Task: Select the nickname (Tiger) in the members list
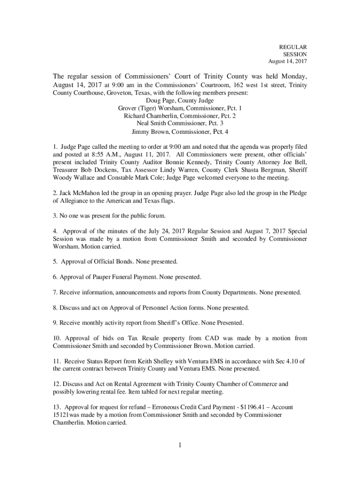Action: [149, 108]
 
